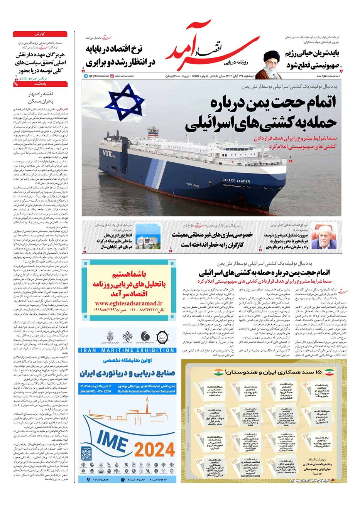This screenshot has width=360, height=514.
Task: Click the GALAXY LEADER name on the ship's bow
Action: click(x=236, y=180)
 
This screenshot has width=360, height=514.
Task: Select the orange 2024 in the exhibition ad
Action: click(x=155, y=449)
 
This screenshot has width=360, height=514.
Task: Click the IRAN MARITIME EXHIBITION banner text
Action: click(x=127, y=350)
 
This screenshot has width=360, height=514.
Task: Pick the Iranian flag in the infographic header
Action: click(x=329, y=372)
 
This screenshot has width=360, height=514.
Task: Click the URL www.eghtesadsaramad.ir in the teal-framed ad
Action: click(x=128, y=303)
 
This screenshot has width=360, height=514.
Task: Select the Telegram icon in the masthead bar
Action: click(x=86, y=76)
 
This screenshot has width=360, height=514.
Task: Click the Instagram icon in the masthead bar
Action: click(x=112, y=76)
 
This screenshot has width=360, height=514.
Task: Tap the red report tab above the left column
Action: click(x=40, y=34)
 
